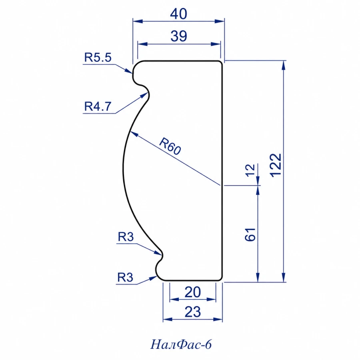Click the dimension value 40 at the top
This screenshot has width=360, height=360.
pyautogui.click(x=178, y=14)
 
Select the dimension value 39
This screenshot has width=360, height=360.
pyautogui.click(x=179, y=36)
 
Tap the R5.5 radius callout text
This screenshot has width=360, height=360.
pyautogui.click(x=98, y=57)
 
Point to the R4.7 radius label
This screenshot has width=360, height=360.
pyautogui.click(x=98, y=106)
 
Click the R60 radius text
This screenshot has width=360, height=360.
pyautogui.click(x=170, y=146)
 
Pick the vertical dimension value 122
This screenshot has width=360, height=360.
pyautogui.click(x=276, y=165)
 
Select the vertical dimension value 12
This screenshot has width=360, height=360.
pyautogui.click(x=250, y=170)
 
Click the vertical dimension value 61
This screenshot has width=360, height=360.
pyautogui.click(x=250, y=234)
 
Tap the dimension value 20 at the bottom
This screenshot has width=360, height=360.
pyautogui.click(x=193, y=292)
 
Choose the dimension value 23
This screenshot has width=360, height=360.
pyautogui.click(x=193, y=312)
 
